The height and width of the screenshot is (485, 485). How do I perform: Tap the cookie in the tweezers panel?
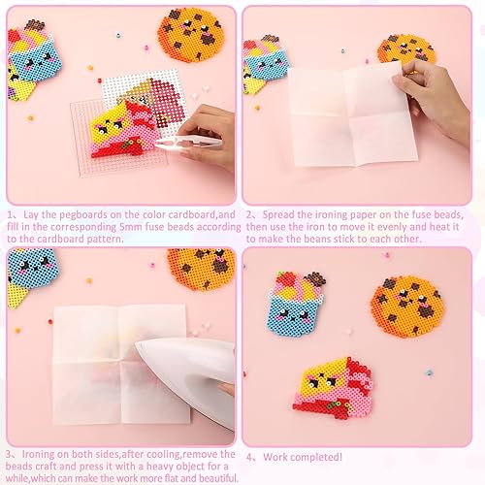pyautogui.click(x=191, y=34)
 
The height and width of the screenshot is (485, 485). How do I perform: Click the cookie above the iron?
pyautogui.click(x=201, y=270)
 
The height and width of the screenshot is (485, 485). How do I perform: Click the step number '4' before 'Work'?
pyautogui.click(x=250, y=457)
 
